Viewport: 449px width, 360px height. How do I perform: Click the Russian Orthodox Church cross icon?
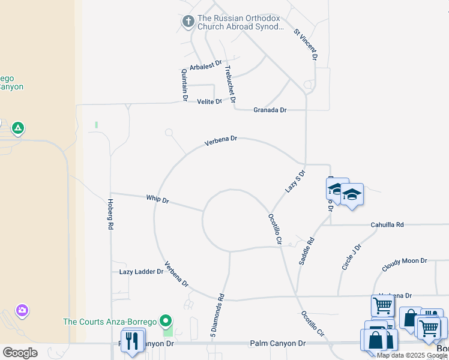coord(188,22)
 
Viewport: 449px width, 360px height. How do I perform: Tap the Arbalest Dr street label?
coord(206,65)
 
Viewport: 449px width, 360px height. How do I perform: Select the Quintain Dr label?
coord(184,84)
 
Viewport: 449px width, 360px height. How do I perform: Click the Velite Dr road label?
coord(209,101)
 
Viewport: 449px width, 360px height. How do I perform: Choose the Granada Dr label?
coord(270,110)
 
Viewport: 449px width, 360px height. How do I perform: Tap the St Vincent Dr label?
coord(306,44)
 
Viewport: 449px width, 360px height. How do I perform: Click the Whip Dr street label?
coord(157,199)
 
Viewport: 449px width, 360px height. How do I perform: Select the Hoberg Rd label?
coord(110,215)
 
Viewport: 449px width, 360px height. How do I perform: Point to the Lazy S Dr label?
coord(295,181)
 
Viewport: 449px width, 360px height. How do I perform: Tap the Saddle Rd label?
coord(306,251)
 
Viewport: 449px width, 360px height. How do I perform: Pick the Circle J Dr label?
coord(351,257)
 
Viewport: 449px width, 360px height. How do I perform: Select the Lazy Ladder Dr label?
coord(141,272)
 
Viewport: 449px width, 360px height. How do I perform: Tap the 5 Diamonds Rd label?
coord(217,314)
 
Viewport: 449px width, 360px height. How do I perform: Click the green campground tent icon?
coord(19,128)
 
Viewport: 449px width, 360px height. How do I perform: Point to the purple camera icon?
coord(22,310)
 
